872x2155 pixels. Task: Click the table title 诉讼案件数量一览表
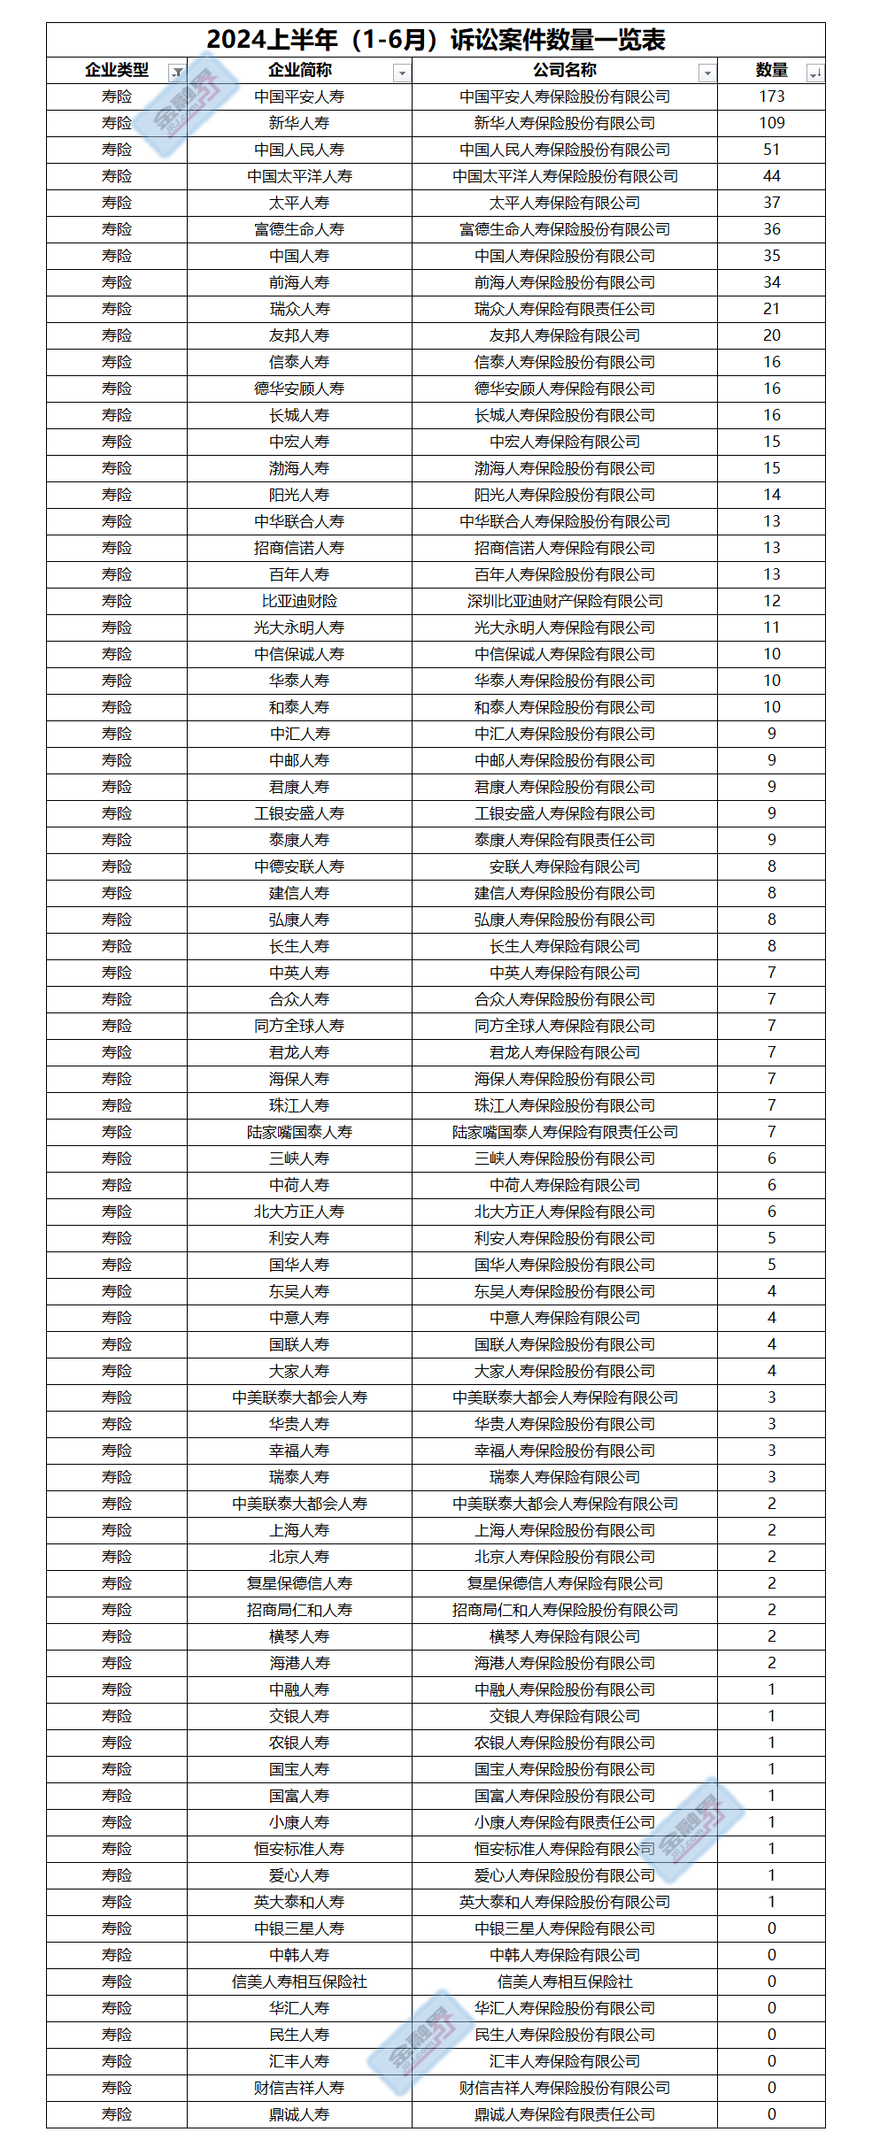click(436, 40)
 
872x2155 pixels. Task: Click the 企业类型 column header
click(116, 71)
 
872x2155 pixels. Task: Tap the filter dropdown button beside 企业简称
click(402, 73)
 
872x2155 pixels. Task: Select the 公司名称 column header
click(564, 71)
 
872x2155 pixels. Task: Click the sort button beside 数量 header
click(814, 73)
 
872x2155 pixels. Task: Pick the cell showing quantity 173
click(771, 96)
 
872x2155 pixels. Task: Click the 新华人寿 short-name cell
click(299, 123)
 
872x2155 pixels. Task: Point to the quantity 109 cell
click(771, 123)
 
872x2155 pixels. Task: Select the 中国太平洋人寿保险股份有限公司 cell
click(565, 176)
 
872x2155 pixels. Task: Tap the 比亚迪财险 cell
click(299, 601)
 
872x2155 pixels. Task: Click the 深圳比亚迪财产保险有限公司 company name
click(565, 601)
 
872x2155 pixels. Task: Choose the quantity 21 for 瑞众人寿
click(771, 309)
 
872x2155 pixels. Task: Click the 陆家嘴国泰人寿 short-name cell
click(299, 1132)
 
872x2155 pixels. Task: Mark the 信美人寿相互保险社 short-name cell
click(299, 1982)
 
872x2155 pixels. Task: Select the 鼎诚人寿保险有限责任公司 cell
click(565, 2114)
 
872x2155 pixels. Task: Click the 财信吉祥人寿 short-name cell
click(299, 2088)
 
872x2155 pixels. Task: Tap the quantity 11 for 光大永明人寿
click(771, 627)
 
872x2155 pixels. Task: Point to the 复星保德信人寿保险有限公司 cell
click(565, 1583)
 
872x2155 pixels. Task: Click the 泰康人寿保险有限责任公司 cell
click(565, 840)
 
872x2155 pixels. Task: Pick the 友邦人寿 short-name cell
click(299, 335)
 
